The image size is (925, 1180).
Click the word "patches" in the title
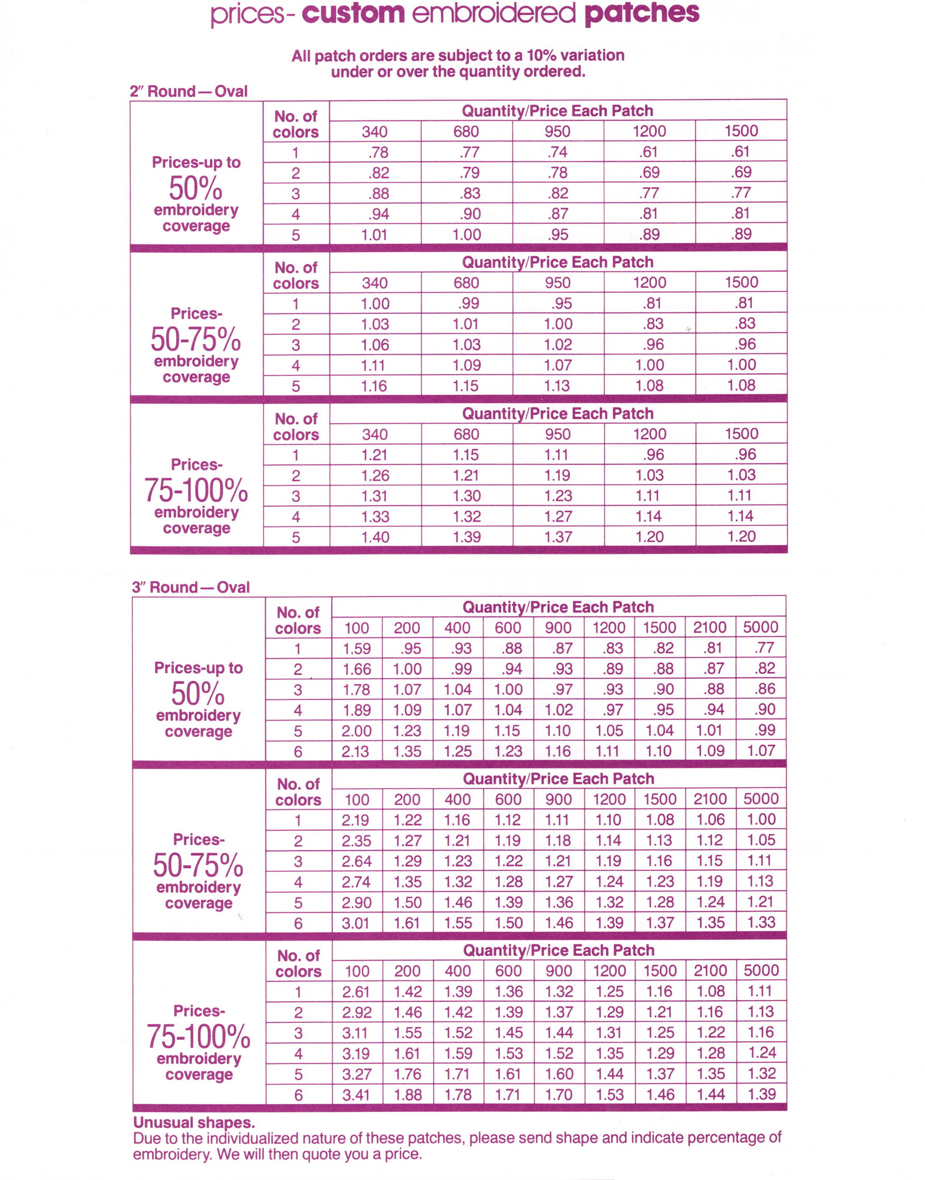point(642,14)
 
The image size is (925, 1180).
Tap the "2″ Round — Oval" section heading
point(188,91)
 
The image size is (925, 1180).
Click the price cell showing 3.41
point(356,1094)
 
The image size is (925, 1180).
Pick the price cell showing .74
point(557,152)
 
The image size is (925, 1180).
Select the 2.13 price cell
point(355,751)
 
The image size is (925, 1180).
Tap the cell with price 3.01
point(355,923)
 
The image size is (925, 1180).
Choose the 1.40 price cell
point(375,537)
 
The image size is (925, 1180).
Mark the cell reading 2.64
point(356,861)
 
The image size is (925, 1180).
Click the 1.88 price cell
point(408,1094)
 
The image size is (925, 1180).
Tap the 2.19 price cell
point(355,820)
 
